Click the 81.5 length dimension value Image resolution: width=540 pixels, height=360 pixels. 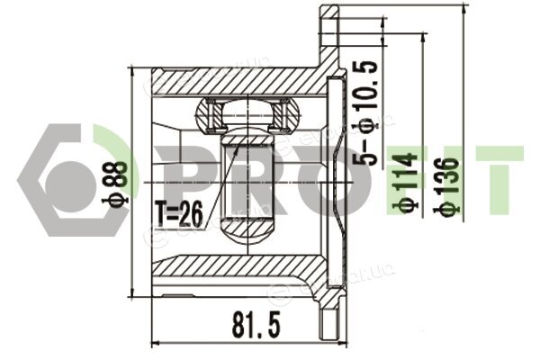(x=256, y=324)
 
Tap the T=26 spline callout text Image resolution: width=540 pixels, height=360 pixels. (x=179, y=213)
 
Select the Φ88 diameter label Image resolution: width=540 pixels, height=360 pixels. (x=116, y=183)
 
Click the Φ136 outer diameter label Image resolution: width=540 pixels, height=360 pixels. (x=446, y=187)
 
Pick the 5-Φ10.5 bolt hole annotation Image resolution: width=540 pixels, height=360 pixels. (x=365, y=112)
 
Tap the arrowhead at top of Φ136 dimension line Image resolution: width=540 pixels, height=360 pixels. (x=463, y=10)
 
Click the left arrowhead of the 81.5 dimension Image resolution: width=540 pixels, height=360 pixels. (x=157, y=344)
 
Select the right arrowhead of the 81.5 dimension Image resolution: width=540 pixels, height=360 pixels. (x=343, y=344)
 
